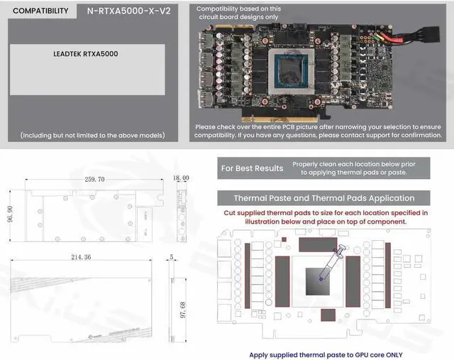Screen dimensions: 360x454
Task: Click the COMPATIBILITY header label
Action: (41, 11)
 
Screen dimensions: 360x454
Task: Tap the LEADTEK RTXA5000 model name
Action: (86, 53)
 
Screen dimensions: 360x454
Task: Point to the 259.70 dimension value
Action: (94, 179)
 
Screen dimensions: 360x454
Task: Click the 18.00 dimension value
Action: (181, 178)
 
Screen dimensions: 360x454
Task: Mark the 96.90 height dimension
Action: (9, 214)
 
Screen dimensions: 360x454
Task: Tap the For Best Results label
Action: (252, 168)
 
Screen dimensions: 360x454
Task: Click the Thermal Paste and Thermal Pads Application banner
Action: (324, 198)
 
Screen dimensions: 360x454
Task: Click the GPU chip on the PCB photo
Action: (299, 72)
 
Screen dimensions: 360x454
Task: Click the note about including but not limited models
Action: (92, 135)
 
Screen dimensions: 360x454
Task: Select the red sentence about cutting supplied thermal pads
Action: (326, 217)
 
